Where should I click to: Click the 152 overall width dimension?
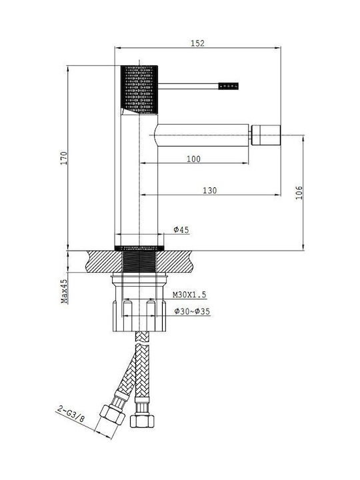coord(197,43)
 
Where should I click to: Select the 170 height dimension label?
coord(64,158)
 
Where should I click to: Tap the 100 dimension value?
coord(193,159)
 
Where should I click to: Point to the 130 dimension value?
coord(210,191)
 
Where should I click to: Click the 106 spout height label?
coord(299,193)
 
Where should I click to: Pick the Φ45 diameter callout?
coord(181,229)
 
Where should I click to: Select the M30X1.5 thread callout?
coord(189,295)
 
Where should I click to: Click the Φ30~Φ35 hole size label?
coord(192,311)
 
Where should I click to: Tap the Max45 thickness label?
coord(64,291)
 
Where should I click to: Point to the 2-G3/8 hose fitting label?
coord(71,414)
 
